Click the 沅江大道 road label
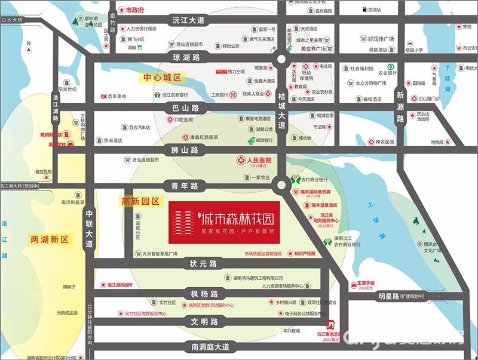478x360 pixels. click(x=188, y=20)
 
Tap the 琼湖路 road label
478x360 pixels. click(x=186, y=57)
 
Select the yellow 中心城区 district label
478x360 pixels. click(x=163, y=78)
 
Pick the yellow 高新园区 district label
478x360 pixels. click(x=141, y=202)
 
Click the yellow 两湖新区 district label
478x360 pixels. click(x=50, y=239)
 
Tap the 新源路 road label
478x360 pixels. click(x=400, y=106)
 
